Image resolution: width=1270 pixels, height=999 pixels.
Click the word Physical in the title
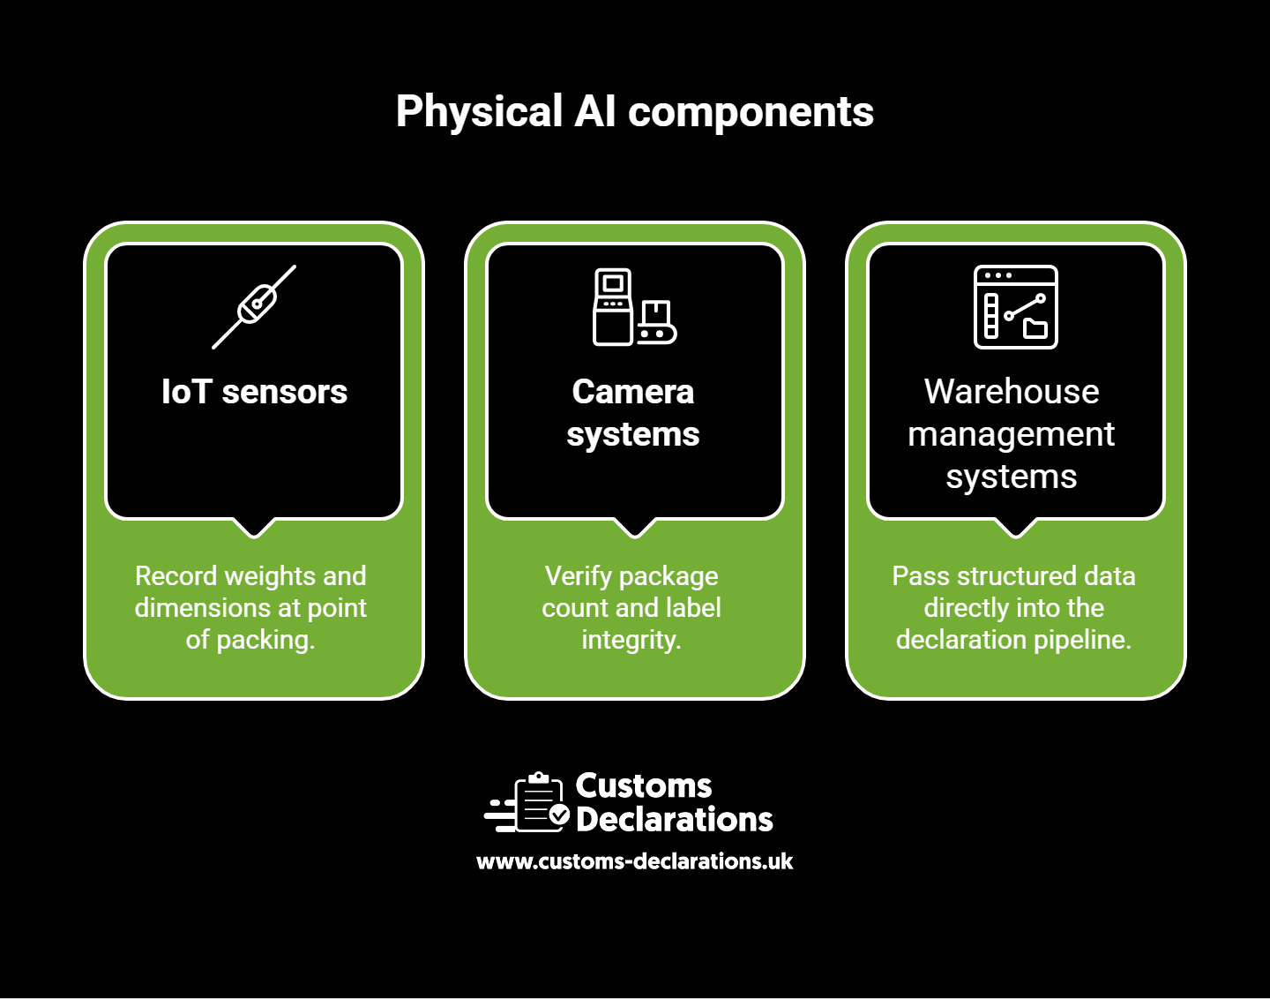pyautogui.click(x=479, y=111)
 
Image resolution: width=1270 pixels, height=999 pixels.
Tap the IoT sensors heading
pyautogui.click(x=254, y=392)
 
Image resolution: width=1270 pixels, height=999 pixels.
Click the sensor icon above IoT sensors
pyautogui.click(x=254, y=307)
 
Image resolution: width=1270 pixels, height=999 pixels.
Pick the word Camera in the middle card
pyautogui.click(x=632, y=392)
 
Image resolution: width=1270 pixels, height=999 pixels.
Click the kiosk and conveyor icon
pyautogui.click(x=634, y=306)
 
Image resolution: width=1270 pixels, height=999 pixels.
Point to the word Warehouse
pyautogui.click(x=1012, y=392)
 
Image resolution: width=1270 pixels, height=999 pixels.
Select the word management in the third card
pyautogui.click(x=1011, y=435)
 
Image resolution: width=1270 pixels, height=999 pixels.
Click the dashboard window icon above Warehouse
pyautogui.click(x=1016, y=307)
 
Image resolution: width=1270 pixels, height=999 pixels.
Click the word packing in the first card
pyautogui.click(x=265, y=641)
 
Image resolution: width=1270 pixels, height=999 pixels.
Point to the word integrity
pyautogui.click(x=631, y=641)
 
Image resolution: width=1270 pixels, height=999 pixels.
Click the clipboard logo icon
pyautogui.click(x=527, y=802)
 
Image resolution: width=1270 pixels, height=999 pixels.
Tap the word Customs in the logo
pyautogui.click(x=644, y=785)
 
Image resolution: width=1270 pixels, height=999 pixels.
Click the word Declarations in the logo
pyautogui.click(x=675, y=819)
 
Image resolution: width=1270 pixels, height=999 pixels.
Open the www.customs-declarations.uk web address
pyautogui.click(x=634, y=861)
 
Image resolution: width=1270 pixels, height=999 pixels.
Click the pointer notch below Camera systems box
pyautogui.click(x=635, y=527)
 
